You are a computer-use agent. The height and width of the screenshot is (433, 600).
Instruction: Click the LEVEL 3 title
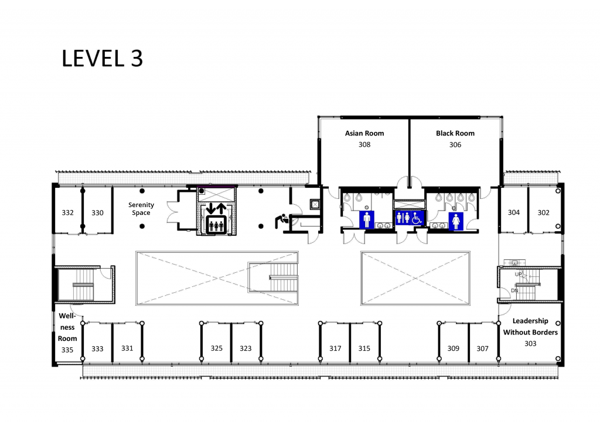click(102, 59)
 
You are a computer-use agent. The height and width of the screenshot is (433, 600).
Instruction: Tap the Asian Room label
click(364, 133)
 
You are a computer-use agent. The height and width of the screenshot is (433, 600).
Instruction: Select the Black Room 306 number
click(455, 144)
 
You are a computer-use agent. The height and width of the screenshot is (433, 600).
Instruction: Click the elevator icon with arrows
click(216, 218)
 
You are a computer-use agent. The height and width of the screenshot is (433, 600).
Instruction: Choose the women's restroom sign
click(456, 221)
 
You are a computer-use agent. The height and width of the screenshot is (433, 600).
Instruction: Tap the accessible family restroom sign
click(410, 218)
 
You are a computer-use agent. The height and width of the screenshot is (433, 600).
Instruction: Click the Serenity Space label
click(141, 209)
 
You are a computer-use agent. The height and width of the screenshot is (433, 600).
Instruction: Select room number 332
click(68, 212)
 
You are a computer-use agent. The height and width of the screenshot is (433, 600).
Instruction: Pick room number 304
click(513, 212)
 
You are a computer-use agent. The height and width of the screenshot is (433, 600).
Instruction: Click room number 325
click(217, 348)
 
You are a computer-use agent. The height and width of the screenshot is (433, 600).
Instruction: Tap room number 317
click(335, 349)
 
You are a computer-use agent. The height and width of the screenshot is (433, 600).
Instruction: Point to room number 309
click(454, 349)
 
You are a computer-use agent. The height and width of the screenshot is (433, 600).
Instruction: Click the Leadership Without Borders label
click(530, 326)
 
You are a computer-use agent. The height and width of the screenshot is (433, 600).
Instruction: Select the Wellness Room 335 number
click(67, 350)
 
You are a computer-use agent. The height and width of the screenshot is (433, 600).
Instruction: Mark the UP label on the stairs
click(519, 275)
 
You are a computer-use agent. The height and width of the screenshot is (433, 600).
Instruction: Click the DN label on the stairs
click(514, 290)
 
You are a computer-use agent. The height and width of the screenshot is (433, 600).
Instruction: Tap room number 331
click(127, 348)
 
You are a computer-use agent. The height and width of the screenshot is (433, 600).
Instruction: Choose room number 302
click(543, 212)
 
